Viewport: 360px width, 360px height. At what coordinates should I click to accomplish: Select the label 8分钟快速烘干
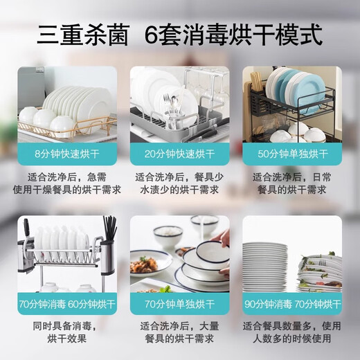tap(66, 154)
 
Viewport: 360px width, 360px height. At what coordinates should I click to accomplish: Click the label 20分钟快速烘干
tap(179, 154)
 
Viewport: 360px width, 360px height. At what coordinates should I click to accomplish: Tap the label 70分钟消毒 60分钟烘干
tap(66, 303)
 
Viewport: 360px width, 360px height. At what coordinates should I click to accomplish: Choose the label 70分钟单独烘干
tap(179, 303)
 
